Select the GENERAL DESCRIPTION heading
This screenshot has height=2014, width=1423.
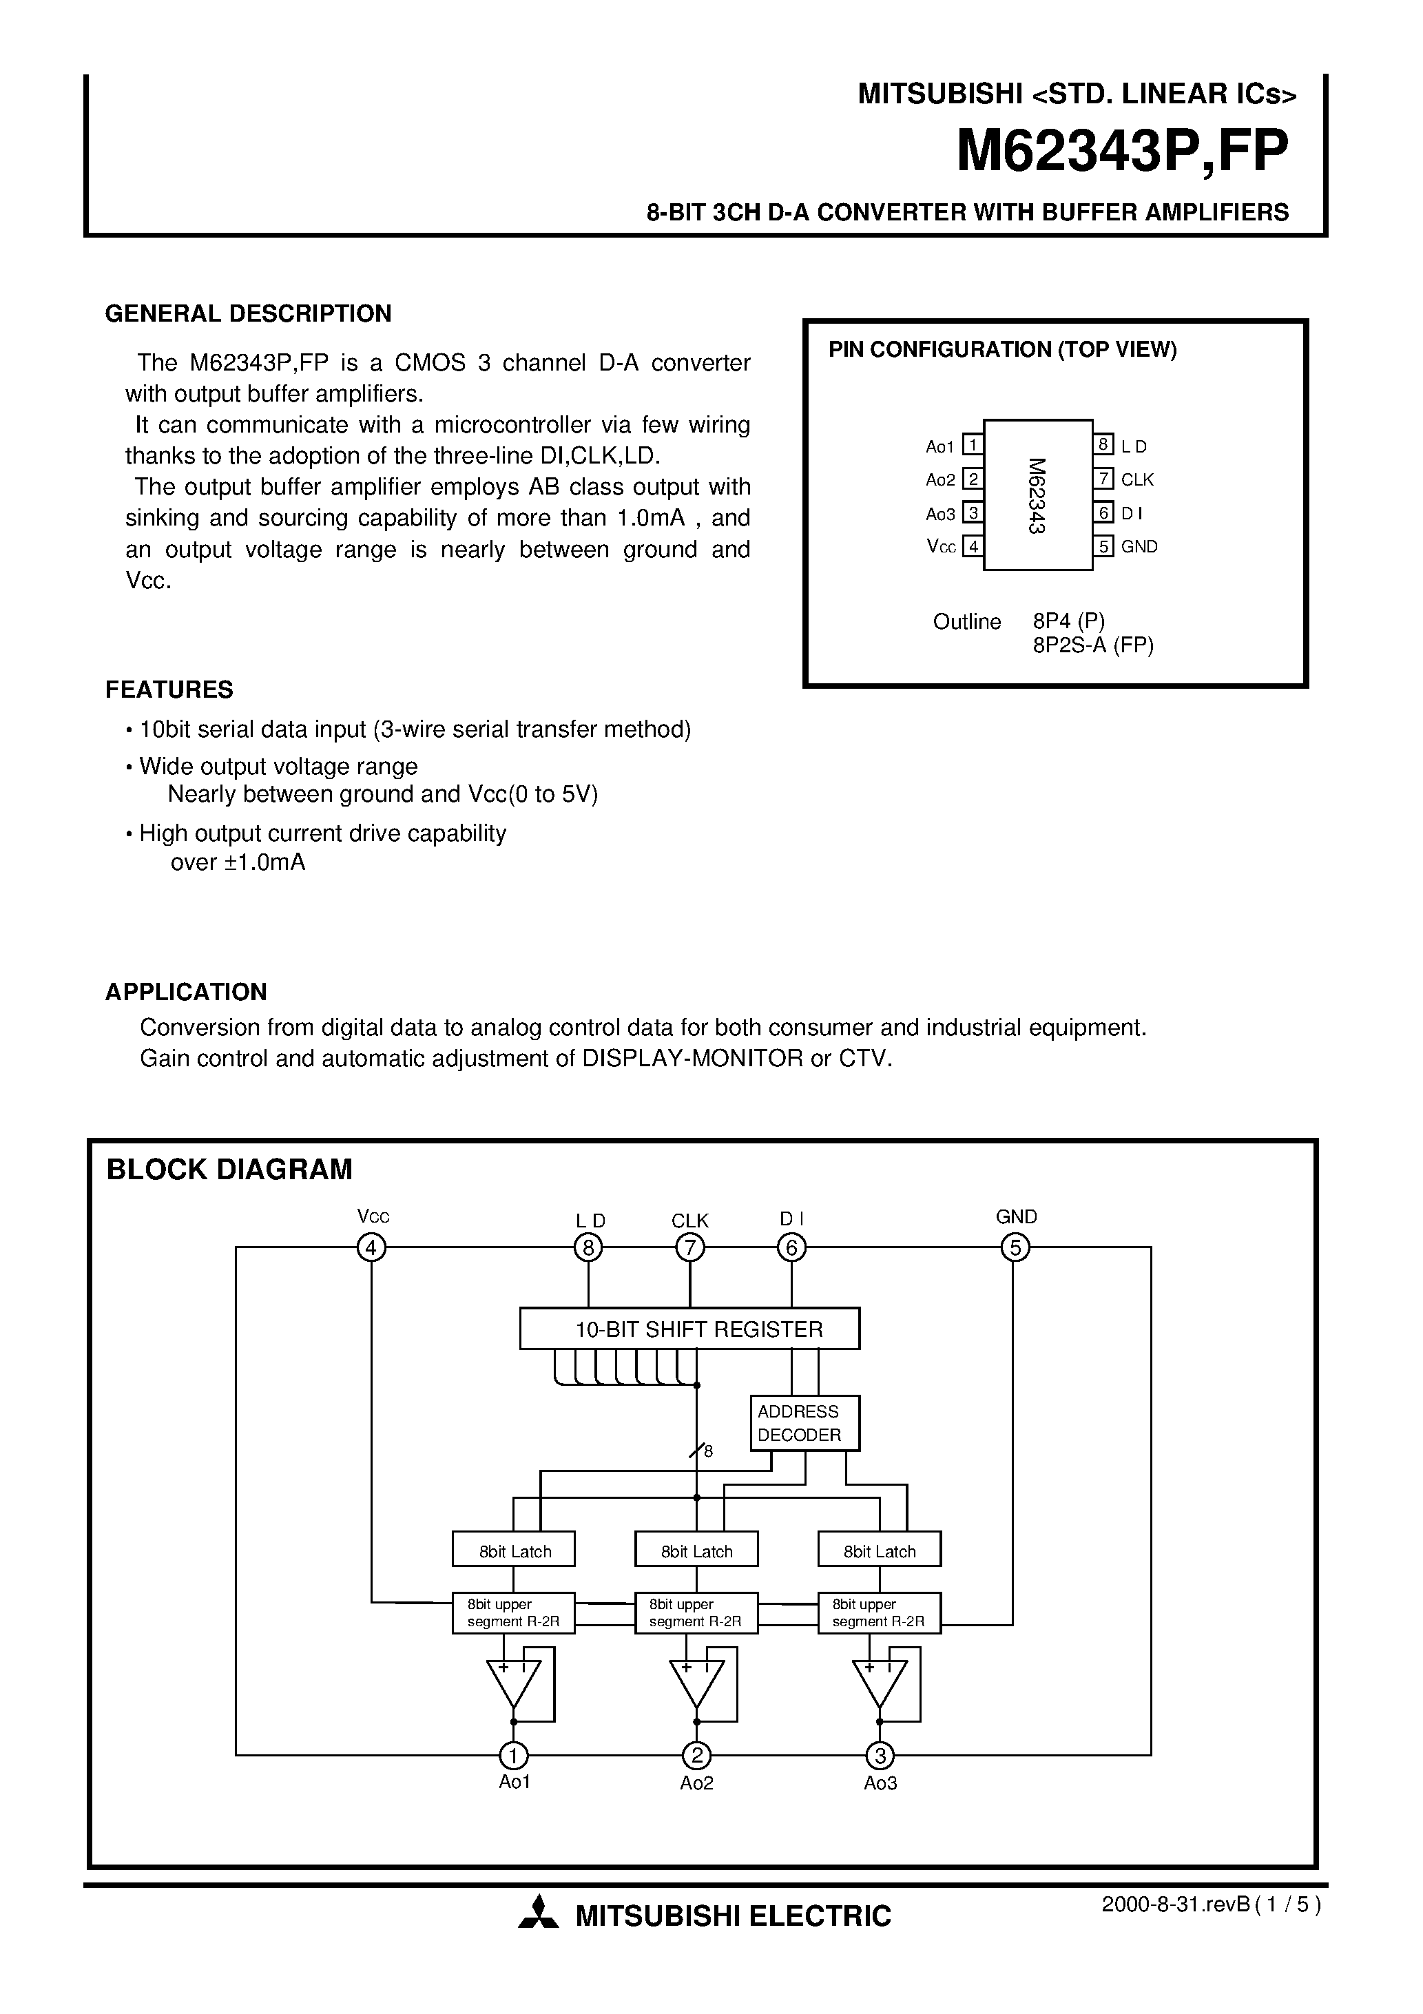point(248,314)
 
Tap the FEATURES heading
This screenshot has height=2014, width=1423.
point(169,689)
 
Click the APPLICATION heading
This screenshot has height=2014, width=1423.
point(186,992)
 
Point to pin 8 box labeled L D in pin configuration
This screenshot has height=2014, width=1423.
point(1103,445)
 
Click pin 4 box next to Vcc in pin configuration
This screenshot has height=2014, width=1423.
point(972,546)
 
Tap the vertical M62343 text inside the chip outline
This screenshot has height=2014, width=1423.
point(1037,497)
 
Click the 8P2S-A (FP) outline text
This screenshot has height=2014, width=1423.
point(1093,645)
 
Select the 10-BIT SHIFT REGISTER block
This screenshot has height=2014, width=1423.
point(689,1329)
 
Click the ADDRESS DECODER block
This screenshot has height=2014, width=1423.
point(804,1423)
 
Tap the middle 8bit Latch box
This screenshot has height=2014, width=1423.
point(696,1551)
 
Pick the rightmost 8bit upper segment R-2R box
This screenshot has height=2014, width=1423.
point(878,1612)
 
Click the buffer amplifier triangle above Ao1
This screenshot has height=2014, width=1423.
point(513,1681)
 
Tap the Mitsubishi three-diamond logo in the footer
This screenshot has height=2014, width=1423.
point(538,1915)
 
